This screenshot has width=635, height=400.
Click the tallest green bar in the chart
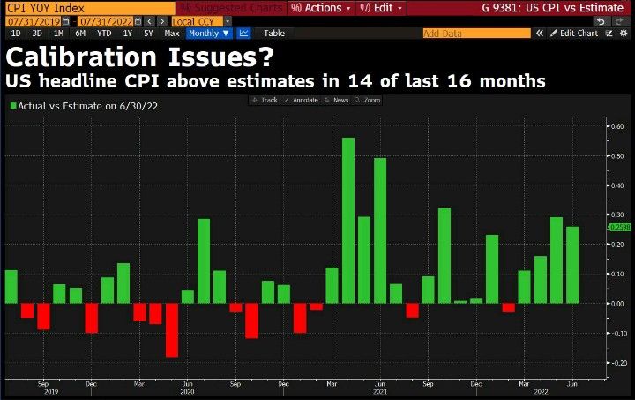click(347, 220)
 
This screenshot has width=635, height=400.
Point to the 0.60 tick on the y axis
click(618, 126)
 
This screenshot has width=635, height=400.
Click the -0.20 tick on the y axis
click(618, 363)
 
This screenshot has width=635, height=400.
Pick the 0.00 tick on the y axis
click(618, 304)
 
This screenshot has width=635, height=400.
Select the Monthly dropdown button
click(208, 33)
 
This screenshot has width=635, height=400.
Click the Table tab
click(274, 33)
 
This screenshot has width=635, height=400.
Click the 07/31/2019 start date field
click(35, 20)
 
